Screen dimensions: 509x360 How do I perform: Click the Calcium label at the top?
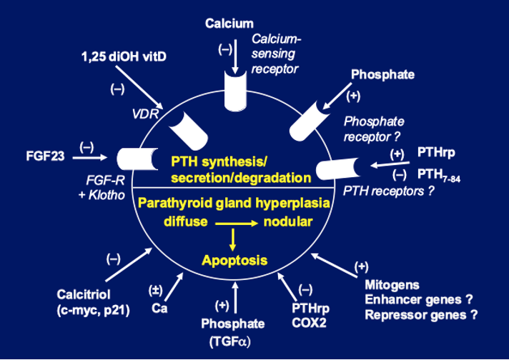(229, 24)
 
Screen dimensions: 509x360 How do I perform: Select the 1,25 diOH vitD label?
(124, 56)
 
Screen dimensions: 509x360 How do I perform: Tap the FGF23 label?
(46, 156)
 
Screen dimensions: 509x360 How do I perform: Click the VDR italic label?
(145, 114)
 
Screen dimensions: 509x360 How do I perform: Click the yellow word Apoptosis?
(234, 260)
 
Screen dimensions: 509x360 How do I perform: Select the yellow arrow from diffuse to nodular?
(237, 224)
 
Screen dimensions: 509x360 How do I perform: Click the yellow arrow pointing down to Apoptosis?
(232, 239)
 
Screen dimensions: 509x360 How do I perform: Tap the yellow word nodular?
(288, 222)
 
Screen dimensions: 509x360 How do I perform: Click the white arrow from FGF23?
(89, 158)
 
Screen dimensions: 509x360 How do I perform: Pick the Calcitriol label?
(84, 294)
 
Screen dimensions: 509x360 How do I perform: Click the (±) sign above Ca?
(156, 290)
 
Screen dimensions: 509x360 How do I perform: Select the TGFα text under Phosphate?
(230, 342)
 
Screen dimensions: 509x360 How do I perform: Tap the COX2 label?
(309, 323)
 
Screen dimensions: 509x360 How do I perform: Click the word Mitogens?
(392, 285)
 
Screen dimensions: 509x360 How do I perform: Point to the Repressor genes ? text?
(421, 314)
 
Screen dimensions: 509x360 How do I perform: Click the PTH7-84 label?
(439, 175)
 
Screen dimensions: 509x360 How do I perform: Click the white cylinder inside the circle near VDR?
(188, 130)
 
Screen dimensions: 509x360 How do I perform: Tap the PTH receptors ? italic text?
(389, 191)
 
